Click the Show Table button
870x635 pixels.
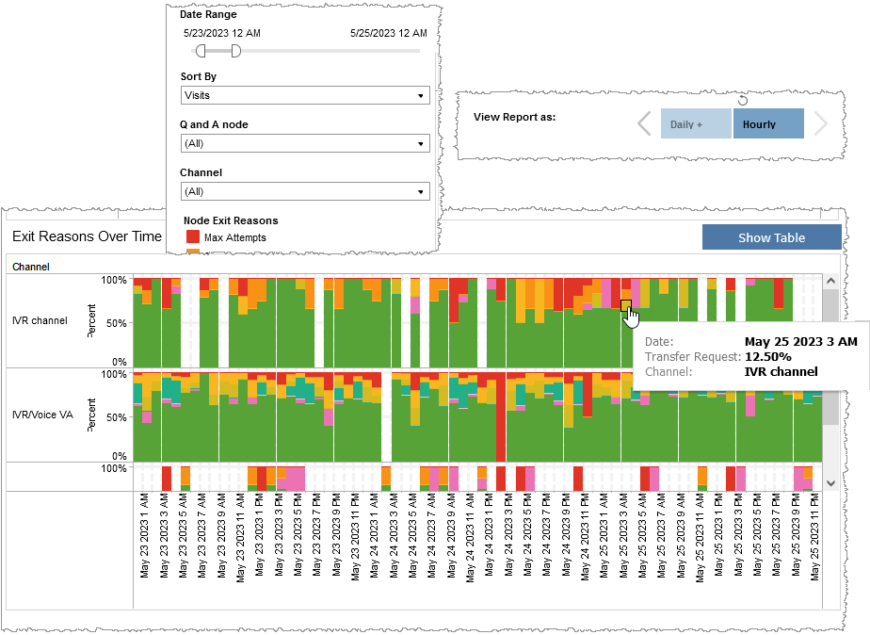click(x=771, y=237)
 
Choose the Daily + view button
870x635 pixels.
click(x=695, y=124)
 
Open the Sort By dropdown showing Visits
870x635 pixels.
click(x=304, y=95)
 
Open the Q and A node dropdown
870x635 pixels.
click(x=304, y=143)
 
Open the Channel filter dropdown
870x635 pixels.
click(x=304, y=191)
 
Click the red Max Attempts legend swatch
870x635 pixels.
click(x=192, y=237)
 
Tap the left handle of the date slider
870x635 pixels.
click(x=201, y=50)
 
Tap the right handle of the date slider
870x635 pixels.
click(x=235, y=50)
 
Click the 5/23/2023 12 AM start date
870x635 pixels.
click(x=222, y=33)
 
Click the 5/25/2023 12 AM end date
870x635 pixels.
click(x=388, y=33)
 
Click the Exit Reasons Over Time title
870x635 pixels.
click(x=87, y=236)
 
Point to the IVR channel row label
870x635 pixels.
click(x=40, y=320)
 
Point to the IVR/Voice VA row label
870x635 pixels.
click(x=42, y=414)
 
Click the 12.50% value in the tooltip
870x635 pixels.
click(x=767, y=357)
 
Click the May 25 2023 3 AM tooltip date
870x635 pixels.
click(x=800, y=341)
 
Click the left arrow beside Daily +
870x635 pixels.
click(x=644, y=124)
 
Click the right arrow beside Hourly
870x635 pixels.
click(x=819, y=124)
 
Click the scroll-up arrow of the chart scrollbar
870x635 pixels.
click(x=830, y=281)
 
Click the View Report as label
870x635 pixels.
click(x=514, y=118)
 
